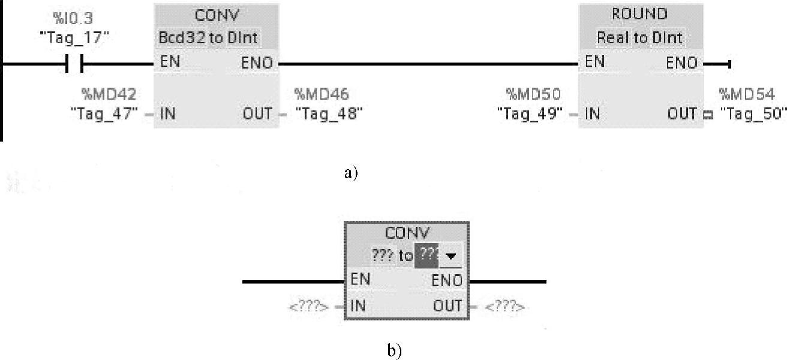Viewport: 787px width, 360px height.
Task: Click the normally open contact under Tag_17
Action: coord(74,63)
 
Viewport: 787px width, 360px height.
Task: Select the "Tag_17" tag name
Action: coord(74,37)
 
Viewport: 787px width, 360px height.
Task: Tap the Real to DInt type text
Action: coord(639,38)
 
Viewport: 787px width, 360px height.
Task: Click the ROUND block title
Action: coord(639,14)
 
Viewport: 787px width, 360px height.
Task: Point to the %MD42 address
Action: coord(109,94)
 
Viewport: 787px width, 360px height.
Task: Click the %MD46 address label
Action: coord(322,94)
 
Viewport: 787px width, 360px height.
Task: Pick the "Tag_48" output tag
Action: coord(329,113)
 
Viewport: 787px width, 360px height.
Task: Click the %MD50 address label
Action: coord(534,94)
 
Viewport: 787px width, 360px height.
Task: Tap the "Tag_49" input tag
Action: coord(530,113)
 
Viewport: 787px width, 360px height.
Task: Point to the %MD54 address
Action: coord(747,94)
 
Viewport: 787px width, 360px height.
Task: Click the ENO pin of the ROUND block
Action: coord(682,63)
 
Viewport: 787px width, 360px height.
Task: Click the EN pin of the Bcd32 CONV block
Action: coord(170,62)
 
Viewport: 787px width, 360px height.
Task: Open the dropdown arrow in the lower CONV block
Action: coord(452,256)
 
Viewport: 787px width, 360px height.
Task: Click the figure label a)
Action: coord(351,173)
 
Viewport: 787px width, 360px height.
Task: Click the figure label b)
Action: coord(394,351)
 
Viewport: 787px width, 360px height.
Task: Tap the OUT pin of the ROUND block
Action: coord(682,113)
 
